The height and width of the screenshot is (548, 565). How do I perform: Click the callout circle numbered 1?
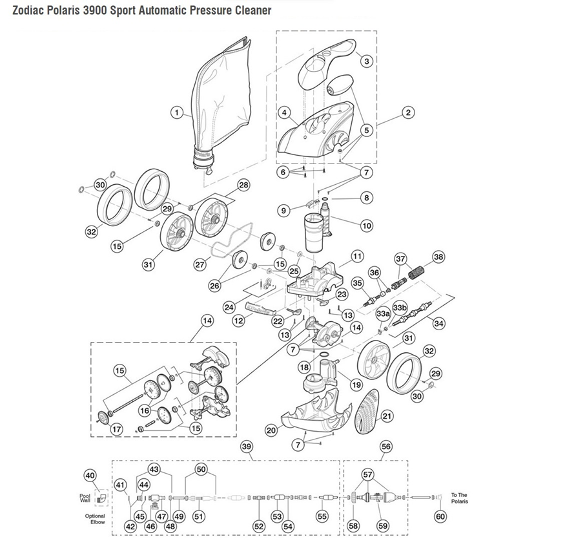pyautogui.click(x=175, y=112)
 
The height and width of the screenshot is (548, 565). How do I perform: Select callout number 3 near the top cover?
pyautogui.click(x=367, y=61)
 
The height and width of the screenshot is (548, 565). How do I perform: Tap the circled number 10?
pyautogui.click(x=367, y=226)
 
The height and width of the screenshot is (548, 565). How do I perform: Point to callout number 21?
pyautogui.click(x=387, y=417)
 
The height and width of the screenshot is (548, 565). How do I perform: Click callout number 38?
pyautogui.click(x=438, y=257)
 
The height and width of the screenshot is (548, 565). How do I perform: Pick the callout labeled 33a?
pyautogui.click(x=382, y=313)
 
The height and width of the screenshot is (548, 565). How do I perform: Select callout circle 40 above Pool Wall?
pyautogui.click(x=90, y=476)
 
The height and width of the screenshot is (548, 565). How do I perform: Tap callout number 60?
pyautogui.click(x=440, y=516)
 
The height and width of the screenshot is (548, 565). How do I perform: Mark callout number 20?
pyautogui.click(x=271, y=429)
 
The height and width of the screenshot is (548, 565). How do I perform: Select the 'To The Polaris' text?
pyautogui.click(x=459, y=498)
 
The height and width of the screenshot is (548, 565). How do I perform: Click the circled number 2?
pyautogui.click(x=407, y=112)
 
